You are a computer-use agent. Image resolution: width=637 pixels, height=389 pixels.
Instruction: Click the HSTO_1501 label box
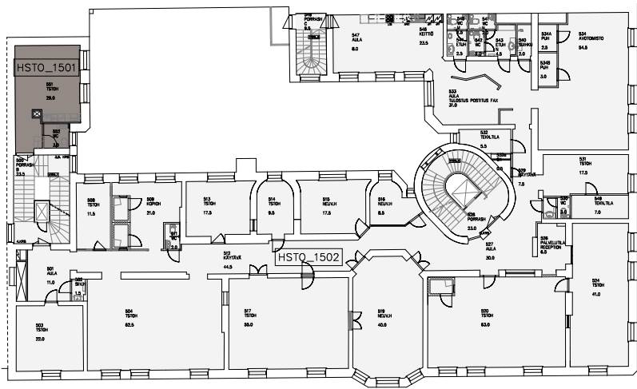coord(46,68)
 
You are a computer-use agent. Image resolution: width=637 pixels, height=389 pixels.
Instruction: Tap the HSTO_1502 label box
coord(308,258)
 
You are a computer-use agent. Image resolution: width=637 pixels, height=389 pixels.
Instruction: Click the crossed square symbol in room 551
coord(36,114)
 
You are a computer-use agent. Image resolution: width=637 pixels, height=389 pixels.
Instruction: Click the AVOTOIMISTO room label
coord(589,38)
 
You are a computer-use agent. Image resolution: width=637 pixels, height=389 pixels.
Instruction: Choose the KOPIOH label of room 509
coord(150,204)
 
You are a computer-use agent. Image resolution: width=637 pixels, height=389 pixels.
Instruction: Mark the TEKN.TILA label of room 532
coord(489,137)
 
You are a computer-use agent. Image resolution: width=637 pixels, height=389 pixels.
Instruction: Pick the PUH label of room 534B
coord(545,67)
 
